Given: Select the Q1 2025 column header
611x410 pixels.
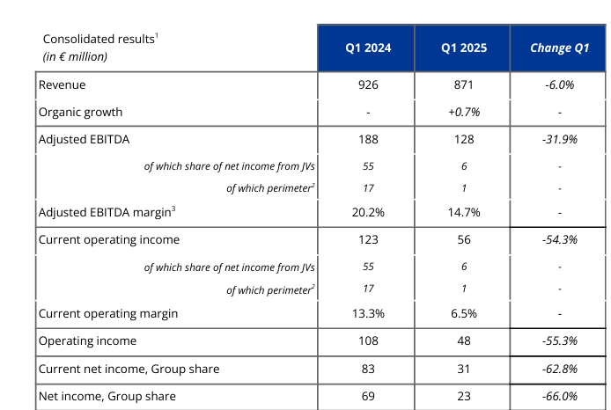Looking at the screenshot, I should [463, 48].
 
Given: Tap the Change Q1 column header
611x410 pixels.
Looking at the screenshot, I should [559, 48].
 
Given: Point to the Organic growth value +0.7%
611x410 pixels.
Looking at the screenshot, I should [463, 112].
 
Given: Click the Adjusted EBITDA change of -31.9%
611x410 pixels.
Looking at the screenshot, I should [559, 139].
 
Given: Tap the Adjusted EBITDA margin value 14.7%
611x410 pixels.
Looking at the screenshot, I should [463, 212].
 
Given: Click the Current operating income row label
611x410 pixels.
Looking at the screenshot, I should [109, 239].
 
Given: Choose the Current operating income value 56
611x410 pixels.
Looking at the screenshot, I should [463, 239].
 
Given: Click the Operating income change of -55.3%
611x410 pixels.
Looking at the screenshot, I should [559, 340].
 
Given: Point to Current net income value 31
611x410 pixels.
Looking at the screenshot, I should [463, 369].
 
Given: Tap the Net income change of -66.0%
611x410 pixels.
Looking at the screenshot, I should [559, 397].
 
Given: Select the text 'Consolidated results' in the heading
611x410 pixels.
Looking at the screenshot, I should [98, 40].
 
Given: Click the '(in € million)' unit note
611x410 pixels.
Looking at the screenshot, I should [76, 56].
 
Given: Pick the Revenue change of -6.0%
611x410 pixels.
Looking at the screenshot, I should [559, 85].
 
